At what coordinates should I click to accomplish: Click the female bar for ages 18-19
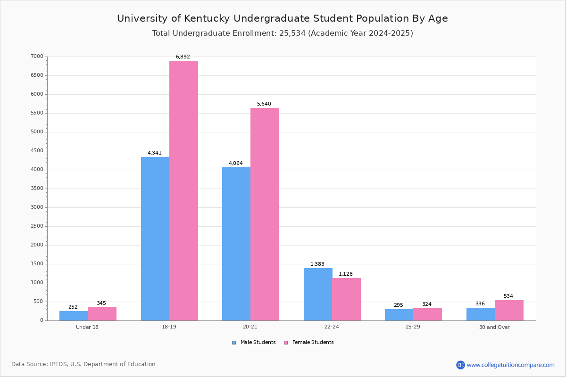tap(183, 191)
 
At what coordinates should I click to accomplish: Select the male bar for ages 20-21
tap(236, 244)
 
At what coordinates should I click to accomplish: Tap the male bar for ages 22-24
tap(318, 295)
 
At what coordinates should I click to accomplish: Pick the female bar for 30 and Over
tap(509, 311)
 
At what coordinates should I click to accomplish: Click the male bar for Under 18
tap(74, 316)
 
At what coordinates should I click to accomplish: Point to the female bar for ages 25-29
tap(427, 314)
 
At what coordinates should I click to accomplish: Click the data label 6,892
tap(183, 57)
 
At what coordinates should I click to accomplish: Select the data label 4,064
tap(236, 163)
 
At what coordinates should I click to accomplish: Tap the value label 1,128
tap(346, 274)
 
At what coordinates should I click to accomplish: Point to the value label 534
tap(508, 296)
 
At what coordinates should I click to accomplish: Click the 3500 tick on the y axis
tap(37, 188)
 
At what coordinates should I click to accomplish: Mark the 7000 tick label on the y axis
tap(37, 56)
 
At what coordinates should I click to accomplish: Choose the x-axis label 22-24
tap(332, 327)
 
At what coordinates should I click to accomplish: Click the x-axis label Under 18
tap(87, 327)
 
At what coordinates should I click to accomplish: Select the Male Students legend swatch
tap(234, 343)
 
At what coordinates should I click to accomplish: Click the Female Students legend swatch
tap(286, 343)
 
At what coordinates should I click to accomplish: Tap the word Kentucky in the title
tap(207, 19)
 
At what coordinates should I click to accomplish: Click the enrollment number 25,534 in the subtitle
tap(292, 33)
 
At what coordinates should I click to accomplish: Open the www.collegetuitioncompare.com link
tap(511, 365)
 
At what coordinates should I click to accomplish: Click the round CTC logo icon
tap(460, 365)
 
